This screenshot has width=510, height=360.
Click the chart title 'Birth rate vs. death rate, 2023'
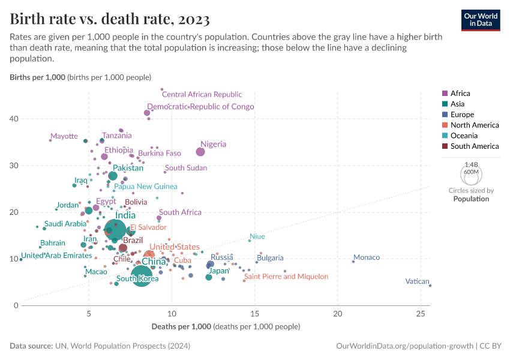point(110,19)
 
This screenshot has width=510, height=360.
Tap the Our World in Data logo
point(481,19)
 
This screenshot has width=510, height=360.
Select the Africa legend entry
point(460,93)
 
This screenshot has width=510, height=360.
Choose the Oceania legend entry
point(464,136)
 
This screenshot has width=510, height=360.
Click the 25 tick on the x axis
point(421,314)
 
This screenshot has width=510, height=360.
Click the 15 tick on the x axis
point(255,314)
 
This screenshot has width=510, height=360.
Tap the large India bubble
point(115,230)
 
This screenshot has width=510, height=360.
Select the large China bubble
point(142,275)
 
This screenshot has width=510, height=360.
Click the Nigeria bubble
point(200,152)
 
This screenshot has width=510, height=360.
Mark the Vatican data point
point(430,286)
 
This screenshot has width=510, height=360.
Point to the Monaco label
point(366,257)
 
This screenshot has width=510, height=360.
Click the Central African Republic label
point(202,94)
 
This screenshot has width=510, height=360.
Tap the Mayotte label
point(64,136)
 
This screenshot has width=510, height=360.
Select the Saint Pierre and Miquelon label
point(286,277)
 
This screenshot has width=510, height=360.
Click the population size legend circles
point(471,174)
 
